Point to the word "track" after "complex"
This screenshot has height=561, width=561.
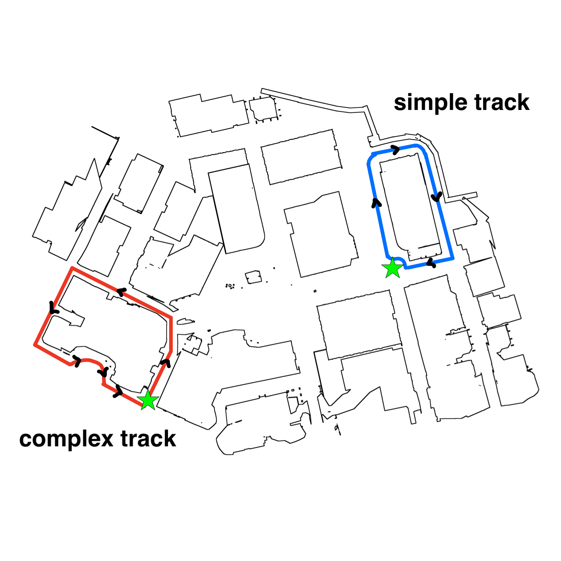tap(148, 439)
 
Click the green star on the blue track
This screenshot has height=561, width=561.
tap(393, 268)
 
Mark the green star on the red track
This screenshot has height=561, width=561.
tap(148, 400)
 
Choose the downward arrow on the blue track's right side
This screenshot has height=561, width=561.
tap(437, 197)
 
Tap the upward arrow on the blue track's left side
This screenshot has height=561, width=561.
tap(376, 203)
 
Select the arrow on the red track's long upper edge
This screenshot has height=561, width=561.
tap(121, 292)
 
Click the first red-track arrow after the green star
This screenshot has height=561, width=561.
tap(166, 362)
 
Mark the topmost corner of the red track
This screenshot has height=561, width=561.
tap(72, 268)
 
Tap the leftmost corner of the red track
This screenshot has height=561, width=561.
tap(35, 345)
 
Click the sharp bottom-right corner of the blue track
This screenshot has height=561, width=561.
tap(453, 258)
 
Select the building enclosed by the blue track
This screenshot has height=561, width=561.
tap(409, 205)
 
